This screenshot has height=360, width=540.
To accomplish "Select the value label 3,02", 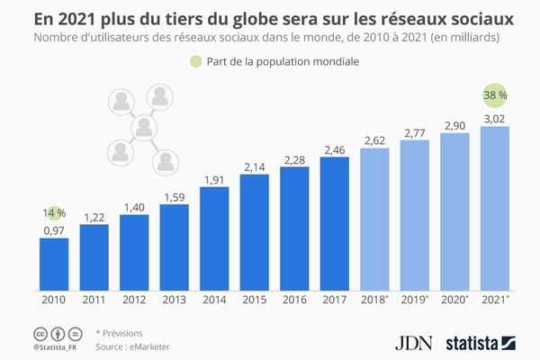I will (495, 117).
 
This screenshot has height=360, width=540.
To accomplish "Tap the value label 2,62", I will (374, 139).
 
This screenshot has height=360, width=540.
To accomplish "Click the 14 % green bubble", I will (54, 212).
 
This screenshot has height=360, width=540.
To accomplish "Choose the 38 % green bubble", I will (495, 96).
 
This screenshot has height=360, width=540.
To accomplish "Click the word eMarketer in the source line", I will (148, 346).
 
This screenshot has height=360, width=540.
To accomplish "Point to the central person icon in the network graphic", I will (141, 130).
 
